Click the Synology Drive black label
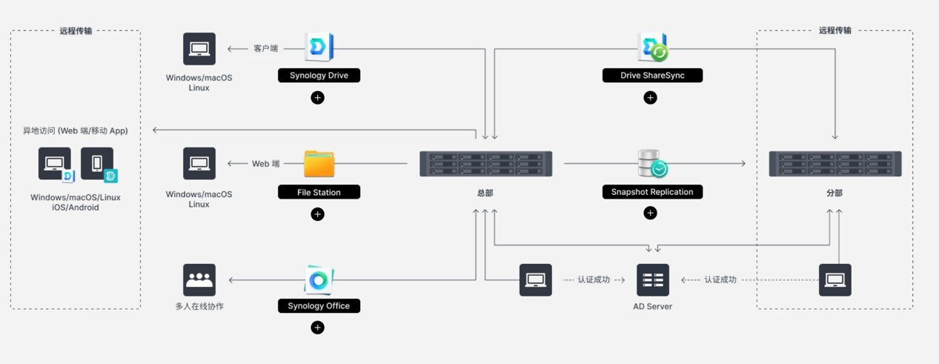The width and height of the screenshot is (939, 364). (x=319, y=75)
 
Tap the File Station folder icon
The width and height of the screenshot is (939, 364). (x=319, y=164)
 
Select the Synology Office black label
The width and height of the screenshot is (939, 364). (x=319, y=305)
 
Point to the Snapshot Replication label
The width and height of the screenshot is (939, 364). (x=651, y=192)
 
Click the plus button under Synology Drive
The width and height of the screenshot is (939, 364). (x=317, y=97)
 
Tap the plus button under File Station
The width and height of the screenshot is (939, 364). (x=317, y=214)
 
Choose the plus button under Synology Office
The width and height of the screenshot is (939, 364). (x=317, y=328)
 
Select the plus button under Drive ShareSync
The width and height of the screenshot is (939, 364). (x=650, y=97)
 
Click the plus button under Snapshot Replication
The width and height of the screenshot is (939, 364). (x=650, y=213)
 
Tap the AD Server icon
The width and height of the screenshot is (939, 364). (x=652, y=280)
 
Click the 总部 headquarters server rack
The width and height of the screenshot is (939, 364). (x=485, y=164)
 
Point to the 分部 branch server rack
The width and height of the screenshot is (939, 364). (x=834, y=164)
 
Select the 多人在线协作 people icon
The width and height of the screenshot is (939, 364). (x=199, y=280)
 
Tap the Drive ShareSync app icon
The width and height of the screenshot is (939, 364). (x=653, y=47)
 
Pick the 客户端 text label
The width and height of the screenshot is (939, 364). (x=265, y=48)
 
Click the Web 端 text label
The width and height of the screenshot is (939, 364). (x=266, y=164)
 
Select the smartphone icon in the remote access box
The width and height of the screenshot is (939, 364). (x=99, y=165)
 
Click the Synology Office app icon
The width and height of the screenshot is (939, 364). (x=319, y=280)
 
